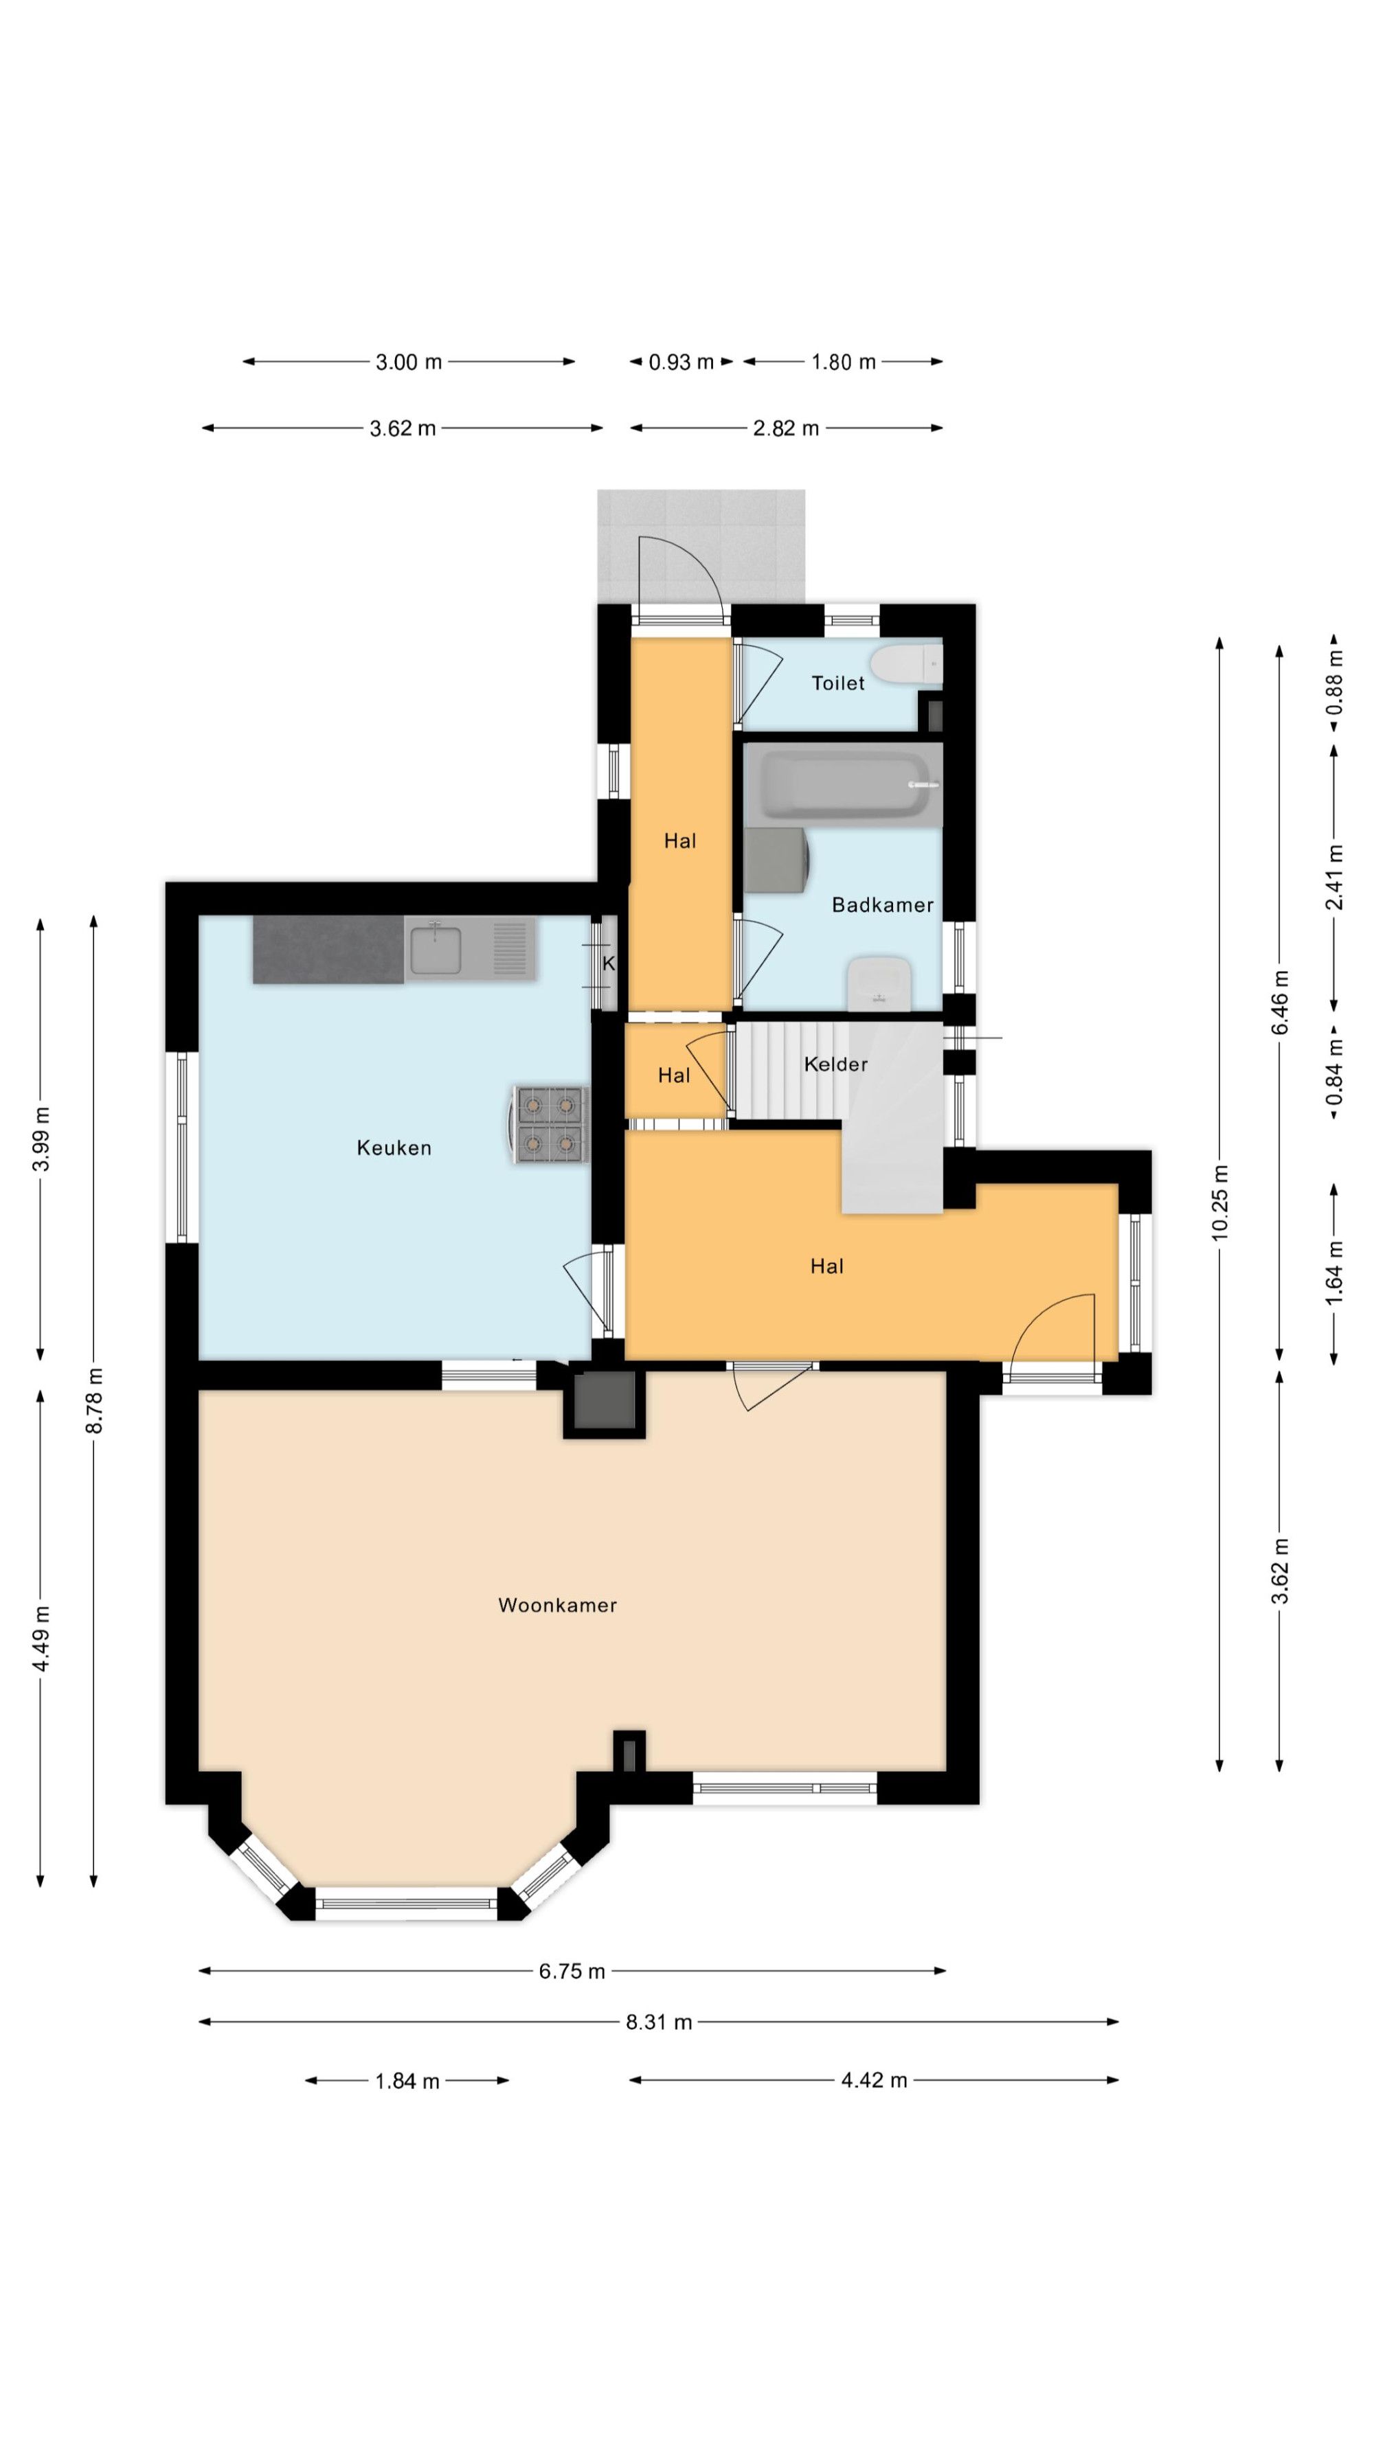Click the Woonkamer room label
coord(558,1605)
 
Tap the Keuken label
coord(394,1148)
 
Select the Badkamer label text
coord(882,904)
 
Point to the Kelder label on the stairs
coord(835,1064)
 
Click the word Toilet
coord(838,683)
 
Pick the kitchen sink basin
coord(436,949)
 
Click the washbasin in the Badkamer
coord(879,984)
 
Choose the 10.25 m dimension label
coord(1219,1202)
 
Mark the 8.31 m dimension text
coord(659,2022)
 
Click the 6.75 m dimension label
coord(572,1972)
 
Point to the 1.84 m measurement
coord(407,2081)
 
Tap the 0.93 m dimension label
coord(681,362)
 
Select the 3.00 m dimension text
coord(409,361)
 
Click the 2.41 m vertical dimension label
coord(1334,877)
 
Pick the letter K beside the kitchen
coord(609,963)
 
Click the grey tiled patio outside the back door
coord(701,545)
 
